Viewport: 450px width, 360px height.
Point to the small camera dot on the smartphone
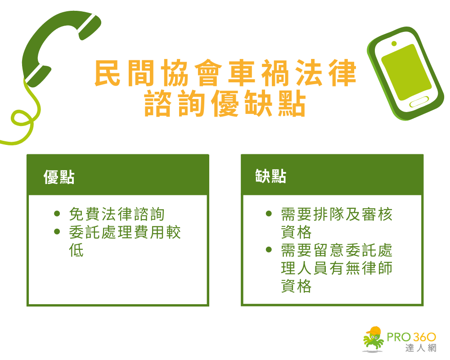coord(394,44)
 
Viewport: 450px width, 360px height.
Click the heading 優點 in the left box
coord(59,177)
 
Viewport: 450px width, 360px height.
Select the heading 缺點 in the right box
coord(270,176)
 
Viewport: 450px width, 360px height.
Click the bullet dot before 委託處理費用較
coord(57,232)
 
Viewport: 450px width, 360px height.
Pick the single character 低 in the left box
coord(76,250)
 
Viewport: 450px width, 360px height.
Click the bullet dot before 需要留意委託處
coord(269,249)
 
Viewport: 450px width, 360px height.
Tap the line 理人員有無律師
coord(337,268)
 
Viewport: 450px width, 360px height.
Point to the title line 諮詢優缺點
coord(225,105)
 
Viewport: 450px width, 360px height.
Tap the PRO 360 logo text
coord(412,337)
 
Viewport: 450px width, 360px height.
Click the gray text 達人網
coord(421,348)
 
